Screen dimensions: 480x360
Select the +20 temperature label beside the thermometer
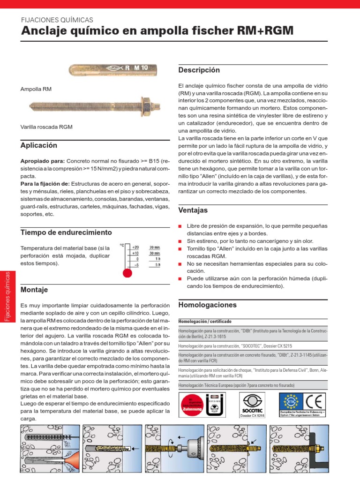(135, 247)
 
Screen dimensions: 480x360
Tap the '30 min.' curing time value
(155, 253)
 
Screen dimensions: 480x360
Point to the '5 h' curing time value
(157, 265)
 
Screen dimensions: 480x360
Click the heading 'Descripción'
(199, 70)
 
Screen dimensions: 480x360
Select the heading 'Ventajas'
(193, 210)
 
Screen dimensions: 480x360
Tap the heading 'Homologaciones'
(208, 305)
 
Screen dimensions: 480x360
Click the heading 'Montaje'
(35, 290)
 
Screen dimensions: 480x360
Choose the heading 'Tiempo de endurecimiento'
(66, 232)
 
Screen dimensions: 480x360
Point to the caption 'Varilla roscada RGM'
(46, 127)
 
